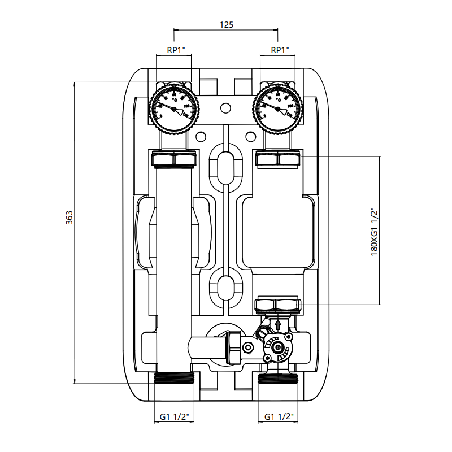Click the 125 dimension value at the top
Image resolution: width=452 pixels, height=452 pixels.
[225, 24]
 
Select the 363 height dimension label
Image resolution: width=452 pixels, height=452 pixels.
[69, 218]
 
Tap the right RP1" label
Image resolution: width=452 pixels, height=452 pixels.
[280, 50]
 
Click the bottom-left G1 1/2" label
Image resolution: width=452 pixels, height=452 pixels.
[173, 417]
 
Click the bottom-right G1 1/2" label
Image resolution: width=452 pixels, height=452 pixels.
[279, 417]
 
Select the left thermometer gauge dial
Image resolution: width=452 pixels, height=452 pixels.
[174, 107]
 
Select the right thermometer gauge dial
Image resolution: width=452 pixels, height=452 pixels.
[277, 107]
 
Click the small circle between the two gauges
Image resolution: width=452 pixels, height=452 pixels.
[225, 107]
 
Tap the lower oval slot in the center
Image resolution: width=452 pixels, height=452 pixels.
[225, 288]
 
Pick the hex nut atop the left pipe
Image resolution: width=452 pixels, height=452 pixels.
[174, 159]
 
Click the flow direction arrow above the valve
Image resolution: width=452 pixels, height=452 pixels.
[277, 325]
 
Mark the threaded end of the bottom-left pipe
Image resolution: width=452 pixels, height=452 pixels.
[174, 379]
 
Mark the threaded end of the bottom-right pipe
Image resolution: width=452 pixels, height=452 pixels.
[277, 379]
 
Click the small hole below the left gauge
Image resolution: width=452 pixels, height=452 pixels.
[201, 136]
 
